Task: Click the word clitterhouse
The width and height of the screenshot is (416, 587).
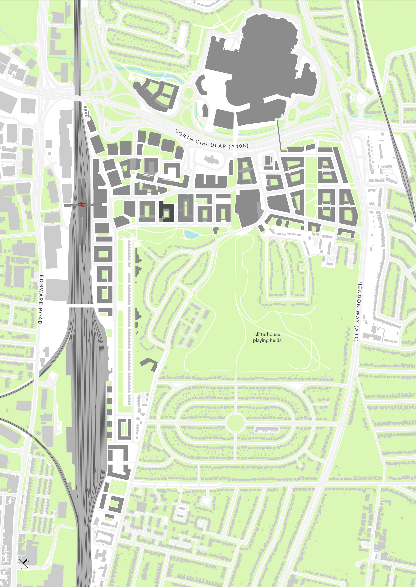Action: click(x=267, y=334)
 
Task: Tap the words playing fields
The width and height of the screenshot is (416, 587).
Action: click(x=267, y=340)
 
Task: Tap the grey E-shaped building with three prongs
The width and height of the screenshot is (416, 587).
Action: click(x=211, y=182)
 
